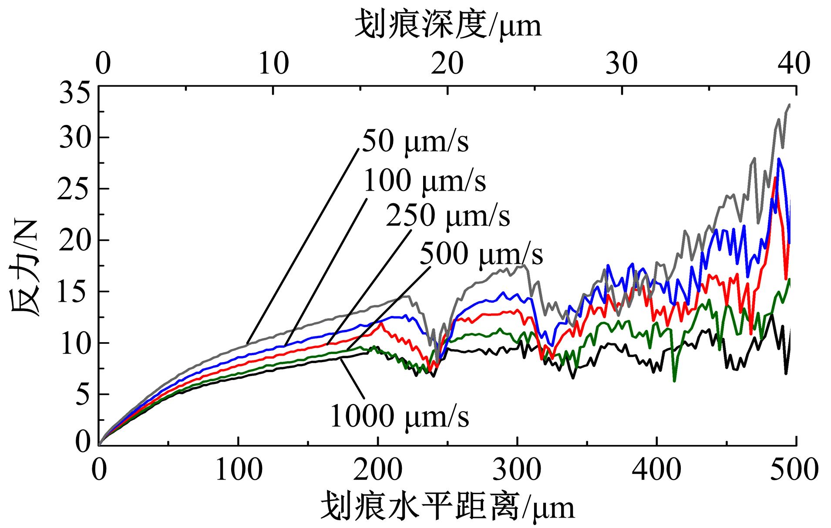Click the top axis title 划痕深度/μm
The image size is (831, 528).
point(448,25)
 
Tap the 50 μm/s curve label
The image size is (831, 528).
point(415,141)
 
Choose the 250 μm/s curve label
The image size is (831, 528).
point(448,215)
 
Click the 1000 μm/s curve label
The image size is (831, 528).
point(400,416)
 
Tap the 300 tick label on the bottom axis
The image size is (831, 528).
point(518,470)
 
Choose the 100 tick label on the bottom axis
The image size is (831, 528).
point(239,470)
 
